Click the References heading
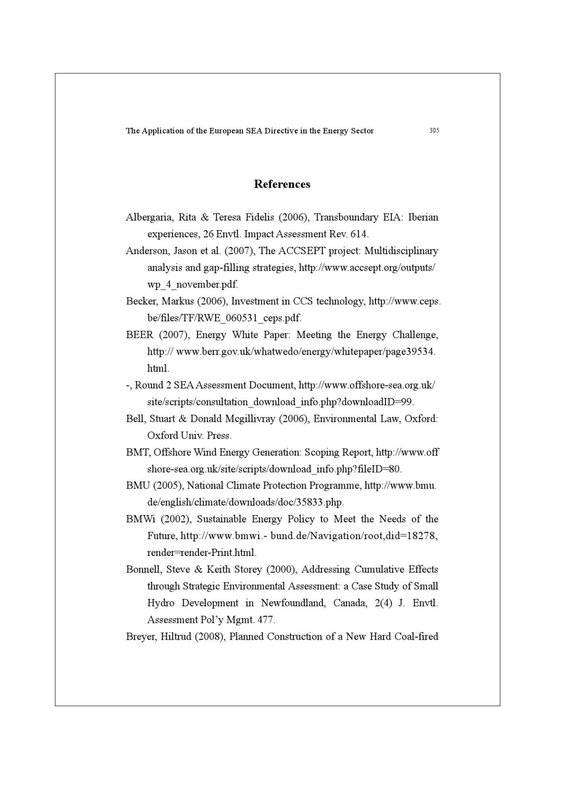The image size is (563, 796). click(x=282, y=184)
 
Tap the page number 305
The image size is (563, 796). click(x=434, y=130)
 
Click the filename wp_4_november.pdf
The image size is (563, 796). click(x=192, y=285)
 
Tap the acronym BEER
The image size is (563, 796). click(x=139, y=335)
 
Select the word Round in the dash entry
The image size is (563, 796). click(x=149, y=385)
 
